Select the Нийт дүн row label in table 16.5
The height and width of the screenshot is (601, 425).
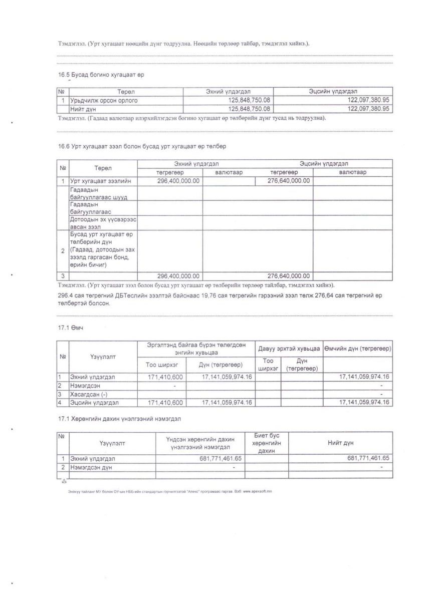pos(83,109)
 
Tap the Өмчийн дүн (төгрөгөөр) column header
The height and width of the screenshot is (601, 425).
pos(357,348)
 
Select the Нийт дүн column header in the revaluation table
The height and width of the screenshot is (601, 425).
pos(341,443)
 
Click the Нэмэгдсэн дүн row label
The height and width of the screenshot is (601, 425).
pos(91,467)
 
